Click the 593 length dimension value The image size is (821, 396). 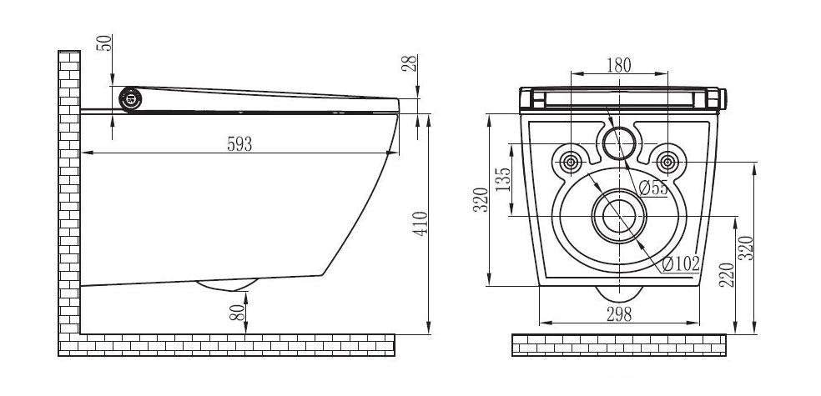239,143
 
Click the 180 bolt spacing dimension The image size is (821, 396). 618,64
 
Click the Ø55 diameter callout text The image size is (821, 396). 654,188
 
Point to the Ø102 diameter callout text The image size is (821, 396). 680,264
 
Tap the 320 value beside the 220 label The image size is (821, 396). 747,248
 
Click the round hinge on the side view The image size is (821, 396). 130,98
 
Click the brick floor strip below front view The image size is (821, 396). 618,344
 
